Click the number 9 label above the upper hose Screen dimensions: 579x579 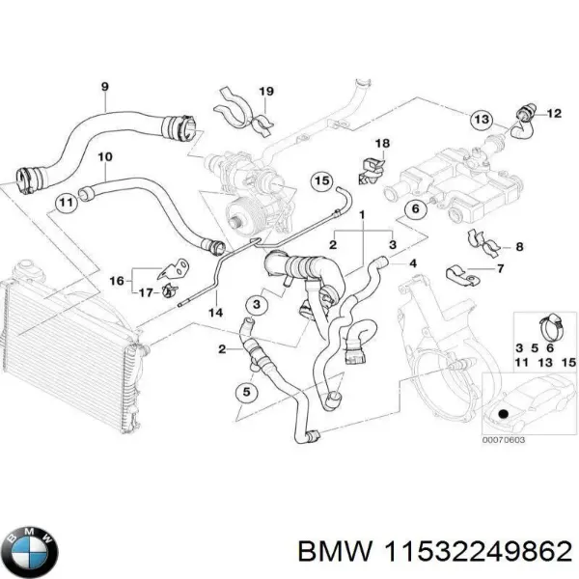click(x=105, y=87)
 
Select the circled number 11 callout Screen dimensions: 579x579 click(x=65, y=204)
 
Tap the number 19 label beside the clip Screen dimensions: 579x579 click(x=266, y=92)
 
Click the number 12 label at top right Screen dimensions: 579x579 click(x=554, y=114)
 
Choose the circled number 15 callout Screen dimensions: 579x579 click(x=320, y=180)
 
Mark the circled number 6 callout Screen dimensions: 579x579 click(x=416, y=210)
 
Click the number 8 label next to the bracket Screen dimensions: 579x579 click(x=519, y=248)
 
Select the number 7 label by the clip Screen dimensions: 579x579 click(x=499, y=270)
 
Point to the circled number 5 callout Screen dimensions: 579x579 click(x=246, y=393)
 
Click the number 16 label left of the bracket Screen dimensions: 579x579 click(x=116, y=281)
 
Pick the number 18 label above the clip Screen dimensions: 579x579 click(x=382, y=144)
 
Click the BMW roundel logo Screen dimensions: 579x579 click(x=31, y=550)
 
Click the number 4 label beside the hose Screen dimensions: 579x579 click(x=414, y=263)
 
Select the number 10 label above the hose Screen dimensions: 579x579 click(x=105, y=156)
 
